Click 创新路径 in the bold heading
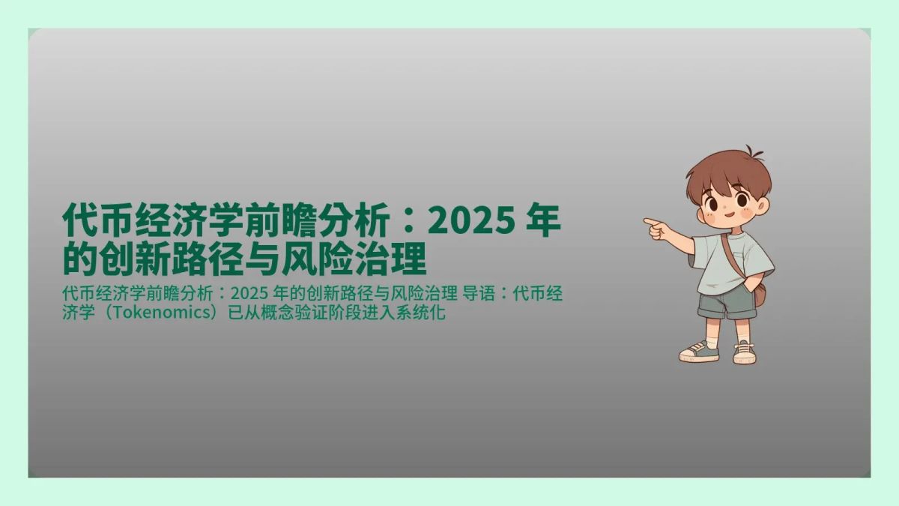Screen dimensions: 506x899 (182, 260)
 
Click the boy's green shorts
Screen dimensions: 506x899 (723, 305)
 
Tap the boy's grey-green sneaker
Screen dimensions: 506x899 (698, 352)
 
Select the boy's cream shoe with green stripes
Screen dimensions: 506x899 (744, 352)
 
